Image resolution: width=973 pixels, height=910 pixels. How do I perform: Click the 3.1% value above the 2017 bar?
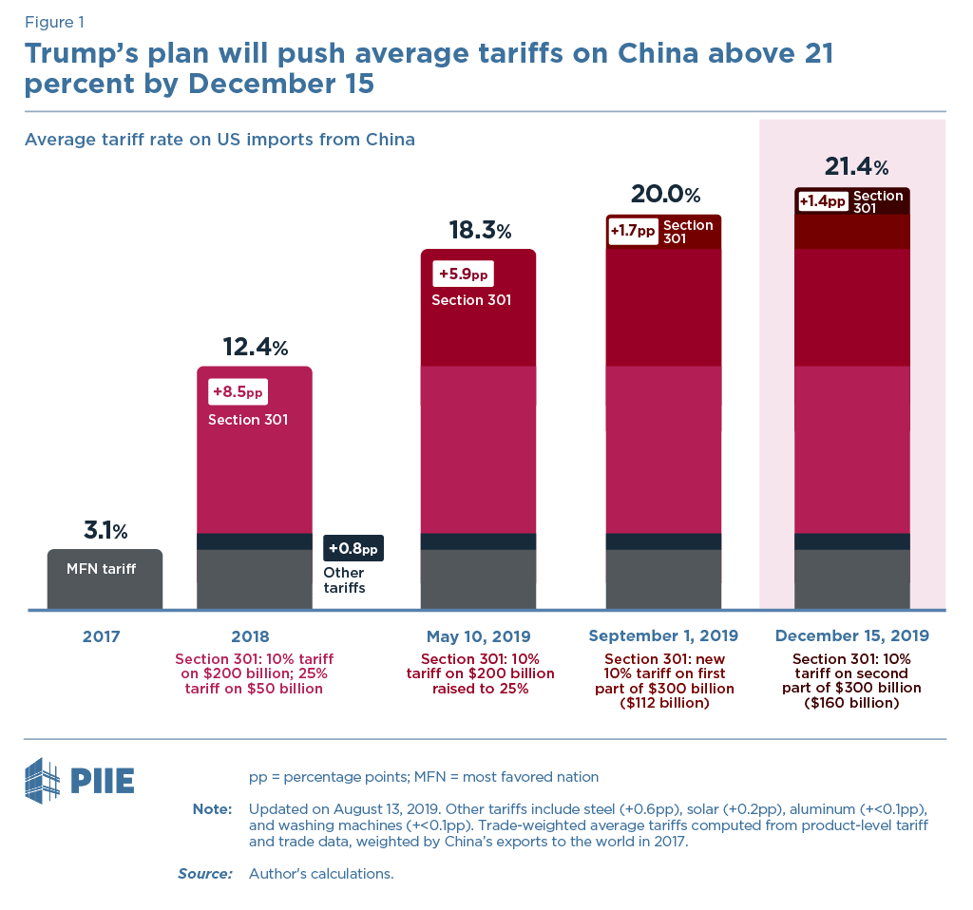pyautogui.click(x=105, y=530)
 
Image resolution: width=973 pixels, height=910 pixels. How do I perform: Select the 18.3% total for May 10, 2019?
pyautogui.click(x=479, y=231)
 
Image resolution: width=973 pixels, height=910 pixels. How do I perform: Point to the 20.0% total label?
pyautogui.click(x=665, y=195)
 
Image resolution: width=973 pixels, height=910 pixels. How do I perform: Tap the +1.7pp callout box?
pyautogui.click(x=633, y=231)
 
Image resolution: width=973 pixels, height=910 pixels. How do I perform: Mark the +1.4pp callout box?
pyautogui.click(x=822, y=201)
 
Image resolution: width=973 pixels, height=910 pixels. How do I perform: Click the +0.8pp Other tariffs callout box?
pyautogui.click(x=353, y=548)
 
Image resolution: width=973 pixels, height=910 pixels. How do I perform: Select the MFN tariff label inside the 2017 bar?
pyautogui.click(x=102, y=569)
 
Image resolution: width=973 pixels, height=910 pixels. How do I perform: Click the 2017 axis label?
pyautogui.click(x=102, y=636)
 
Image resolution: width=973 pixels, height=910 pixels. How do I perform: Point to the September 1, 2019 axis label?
pyautogui.click(x=663, y=636)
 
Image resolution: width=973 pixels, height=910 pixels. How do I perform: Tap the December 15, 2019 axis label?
pyautogui.click(x=852, y=636)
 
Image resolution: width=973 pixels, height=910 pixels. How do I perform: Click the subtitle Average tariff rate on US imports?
pyautogui.click(x=219, y=140)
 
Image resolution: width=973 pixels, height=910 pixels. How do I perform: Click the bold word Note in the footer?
pyautogui.click(x=212, y=808)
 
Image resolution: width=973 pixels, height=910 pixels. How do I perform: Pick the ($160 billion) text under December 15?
pyautogui.click(x=852, y=704)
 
